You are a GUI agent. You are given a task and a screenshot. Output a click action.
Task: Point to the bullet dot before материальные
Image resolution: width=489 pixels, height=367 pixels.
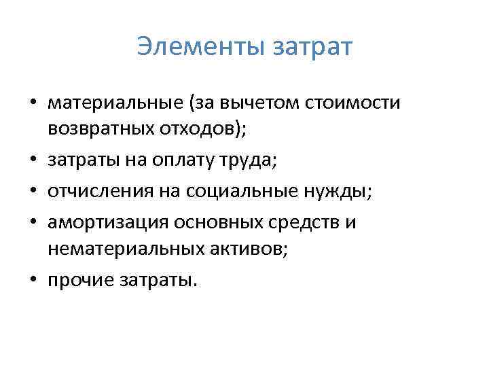[x=33, y=105]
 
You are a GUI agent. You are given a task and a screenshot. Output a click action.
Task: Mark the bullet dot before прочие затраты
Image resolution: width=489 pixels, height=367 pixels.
[x=33, y=281]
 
